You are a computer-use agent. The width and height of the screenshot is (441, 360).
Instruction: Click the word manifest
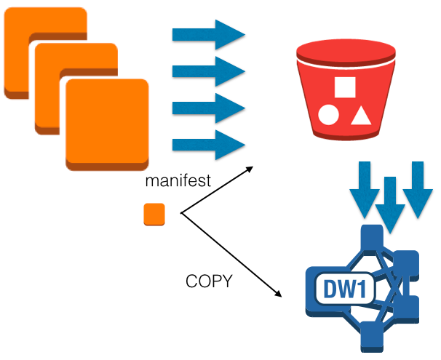point(178,181)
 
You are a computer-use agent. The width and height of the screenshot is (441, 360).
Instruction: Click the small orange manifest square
point(154,215)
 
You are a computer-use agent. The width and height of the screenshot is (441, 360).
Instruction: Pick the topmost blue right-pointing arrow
point(207,35)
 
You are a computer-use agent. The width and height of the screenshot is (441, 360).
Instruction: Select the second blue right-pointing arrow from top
point(207,71)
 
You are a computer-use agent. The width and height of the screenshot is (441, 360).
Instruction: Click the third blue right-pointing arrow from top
point(207,108)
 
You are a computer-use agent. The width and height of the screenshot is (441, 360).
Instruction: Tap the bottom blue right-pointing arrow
point(207,144)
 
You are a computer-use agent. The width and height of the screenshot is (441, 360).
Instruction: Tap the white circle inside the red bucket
point(328,115)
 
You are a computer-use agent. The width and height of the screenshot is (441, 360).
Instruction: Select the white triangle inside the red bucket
point(360,115)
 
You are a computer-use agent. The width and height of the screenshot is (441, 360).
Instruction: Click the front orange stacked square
point(106,124)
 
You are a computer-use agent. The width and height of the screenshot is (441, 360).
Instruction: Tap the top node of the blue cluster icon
point(372,237)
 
